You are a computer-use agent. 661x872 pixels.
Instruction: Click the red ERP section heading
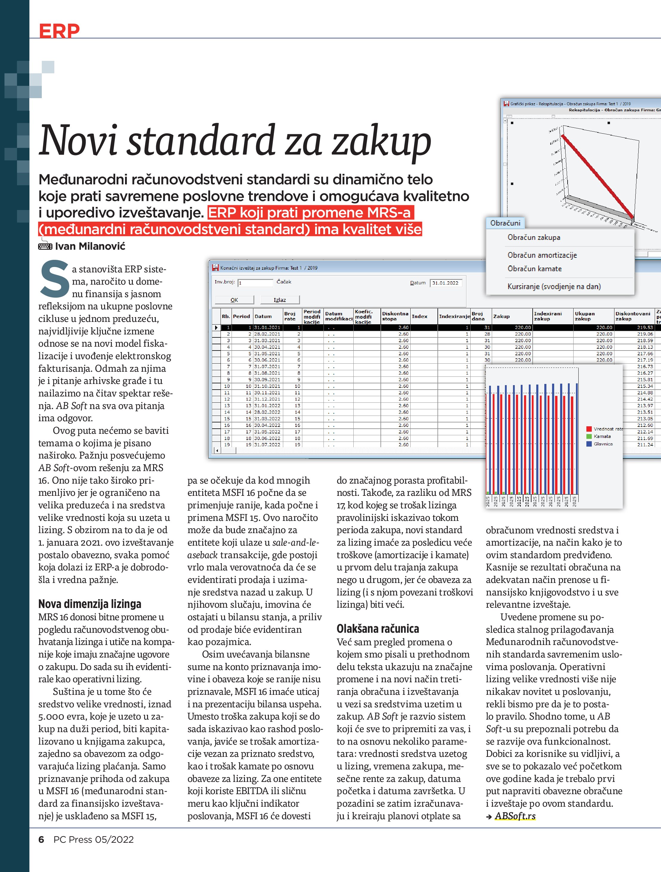pos(59,31)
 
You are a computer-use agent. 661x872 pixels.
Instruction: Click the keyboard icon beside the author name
pos(45,246)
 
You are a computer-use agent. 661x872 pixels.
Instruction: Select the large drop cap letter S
pos(54,278)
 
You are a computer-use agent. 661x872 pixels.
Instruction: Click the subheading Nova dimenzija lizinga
pos(90,604)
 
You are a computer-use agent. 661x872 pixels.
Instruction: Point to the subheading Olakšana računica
pos(378,628)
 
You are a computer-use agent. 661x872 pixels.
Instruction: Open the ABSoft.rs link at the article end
pos(515,816)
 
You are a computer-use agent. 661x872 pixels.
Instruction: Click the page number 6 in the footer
pos(41,839)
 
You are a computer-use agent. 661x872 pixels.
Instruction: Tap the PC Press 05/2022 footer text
pos(93,839)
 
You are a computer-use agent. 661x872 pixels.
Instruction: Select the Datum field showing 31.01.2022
pos(445,283)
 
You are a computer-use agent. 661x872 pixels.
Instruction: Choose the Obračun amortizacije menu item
pos(542,255)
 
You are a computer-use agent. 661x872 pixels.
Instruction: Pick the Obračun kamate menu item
pos(534,268)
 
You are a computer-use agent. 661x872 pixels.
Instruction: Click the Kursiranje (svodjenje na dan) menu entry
pos(554,287)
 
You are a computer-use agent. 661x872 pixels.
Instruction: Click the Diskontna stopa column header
pos(395,316)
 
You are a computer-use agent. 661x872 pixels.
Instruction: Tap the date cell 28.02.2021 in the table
pos(267,334)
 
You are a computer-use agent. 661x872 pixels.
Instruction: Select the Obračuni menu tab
pos(505,223)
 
